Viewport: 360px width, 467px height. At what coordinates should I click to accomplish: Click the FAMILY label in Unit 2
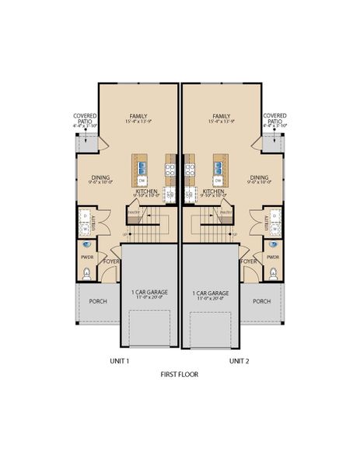pos(221,116)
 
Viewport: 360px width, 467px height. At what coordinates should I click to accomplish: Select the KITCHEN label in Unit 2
pos(213,190)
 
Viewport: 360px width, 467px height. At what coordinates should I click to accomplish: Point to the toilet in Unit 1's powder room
pos(86,272)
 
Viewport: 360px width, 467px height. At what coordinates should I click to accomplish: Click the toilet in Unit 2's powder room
pos(274,272)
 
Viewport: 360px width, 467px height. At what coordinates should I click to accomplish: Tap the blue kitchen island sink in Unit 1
pos(143,166)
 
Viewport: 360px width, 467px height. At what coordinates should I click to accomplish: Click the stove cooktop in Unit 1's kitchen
pos(170,166)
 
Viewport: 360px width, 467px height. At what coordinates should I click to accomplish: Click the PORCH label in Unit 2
pos(262,301)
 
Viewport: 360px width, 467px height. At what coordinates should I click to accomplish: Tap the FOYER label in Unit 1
pos(112,262)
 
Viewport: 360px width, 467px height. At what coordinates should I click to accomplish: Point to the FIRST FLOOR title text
pos(180,374)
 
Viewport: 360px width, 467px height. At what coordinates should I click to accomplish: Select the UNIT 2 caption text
pos(239,361)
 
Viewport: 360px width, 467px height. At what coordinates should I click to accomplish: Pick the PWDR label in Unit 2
pos(274,256)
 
